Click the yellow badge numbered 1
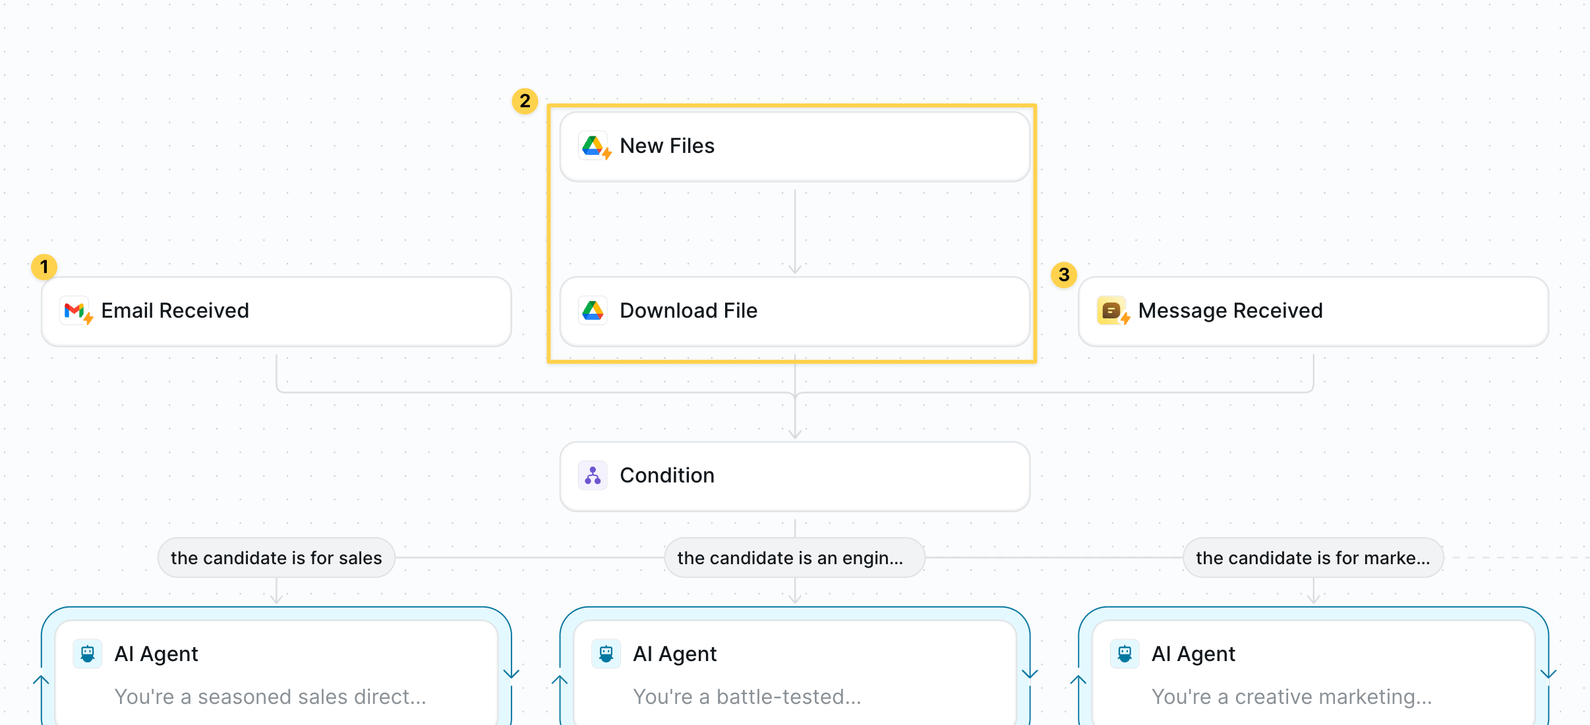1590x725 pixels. [44, 267]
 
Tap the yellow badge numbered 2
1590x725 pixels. [525, 101]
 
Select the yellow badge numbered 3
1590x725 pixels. [1064, 275]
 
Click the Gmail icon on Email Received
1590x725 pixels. [74, 310]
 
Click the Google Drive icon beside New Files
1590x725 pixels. [593, 146]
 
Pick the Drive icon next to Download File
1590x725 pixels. [593, 310]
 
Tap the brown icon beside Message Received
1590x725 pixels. [1111, 310]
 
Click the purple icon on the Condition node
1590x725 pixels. [593, 475]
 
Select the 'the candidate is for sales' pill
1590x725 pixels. [276, 558]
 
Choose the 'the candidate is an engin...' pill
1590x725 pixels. [794, 558]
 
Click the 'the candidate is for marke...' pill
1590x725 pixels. [1313, 558]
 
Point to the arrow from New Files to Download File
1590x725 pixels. [795, 231]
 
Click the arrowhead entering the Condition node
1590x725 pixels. [795, 434]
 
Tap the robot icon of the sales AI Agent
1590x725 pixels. [88, 654]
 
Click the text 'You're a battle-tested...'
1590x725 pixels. [747, 697]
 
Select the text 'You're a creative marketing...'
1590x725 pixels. [1291, 697]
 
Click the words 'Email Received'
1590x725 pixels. [175, 310]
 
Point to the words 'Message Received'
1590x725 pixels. [1231, 310]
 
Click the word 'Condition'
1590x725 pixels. [667, 475]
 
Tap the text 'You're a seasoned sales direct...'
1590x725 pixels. [270, 697]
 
